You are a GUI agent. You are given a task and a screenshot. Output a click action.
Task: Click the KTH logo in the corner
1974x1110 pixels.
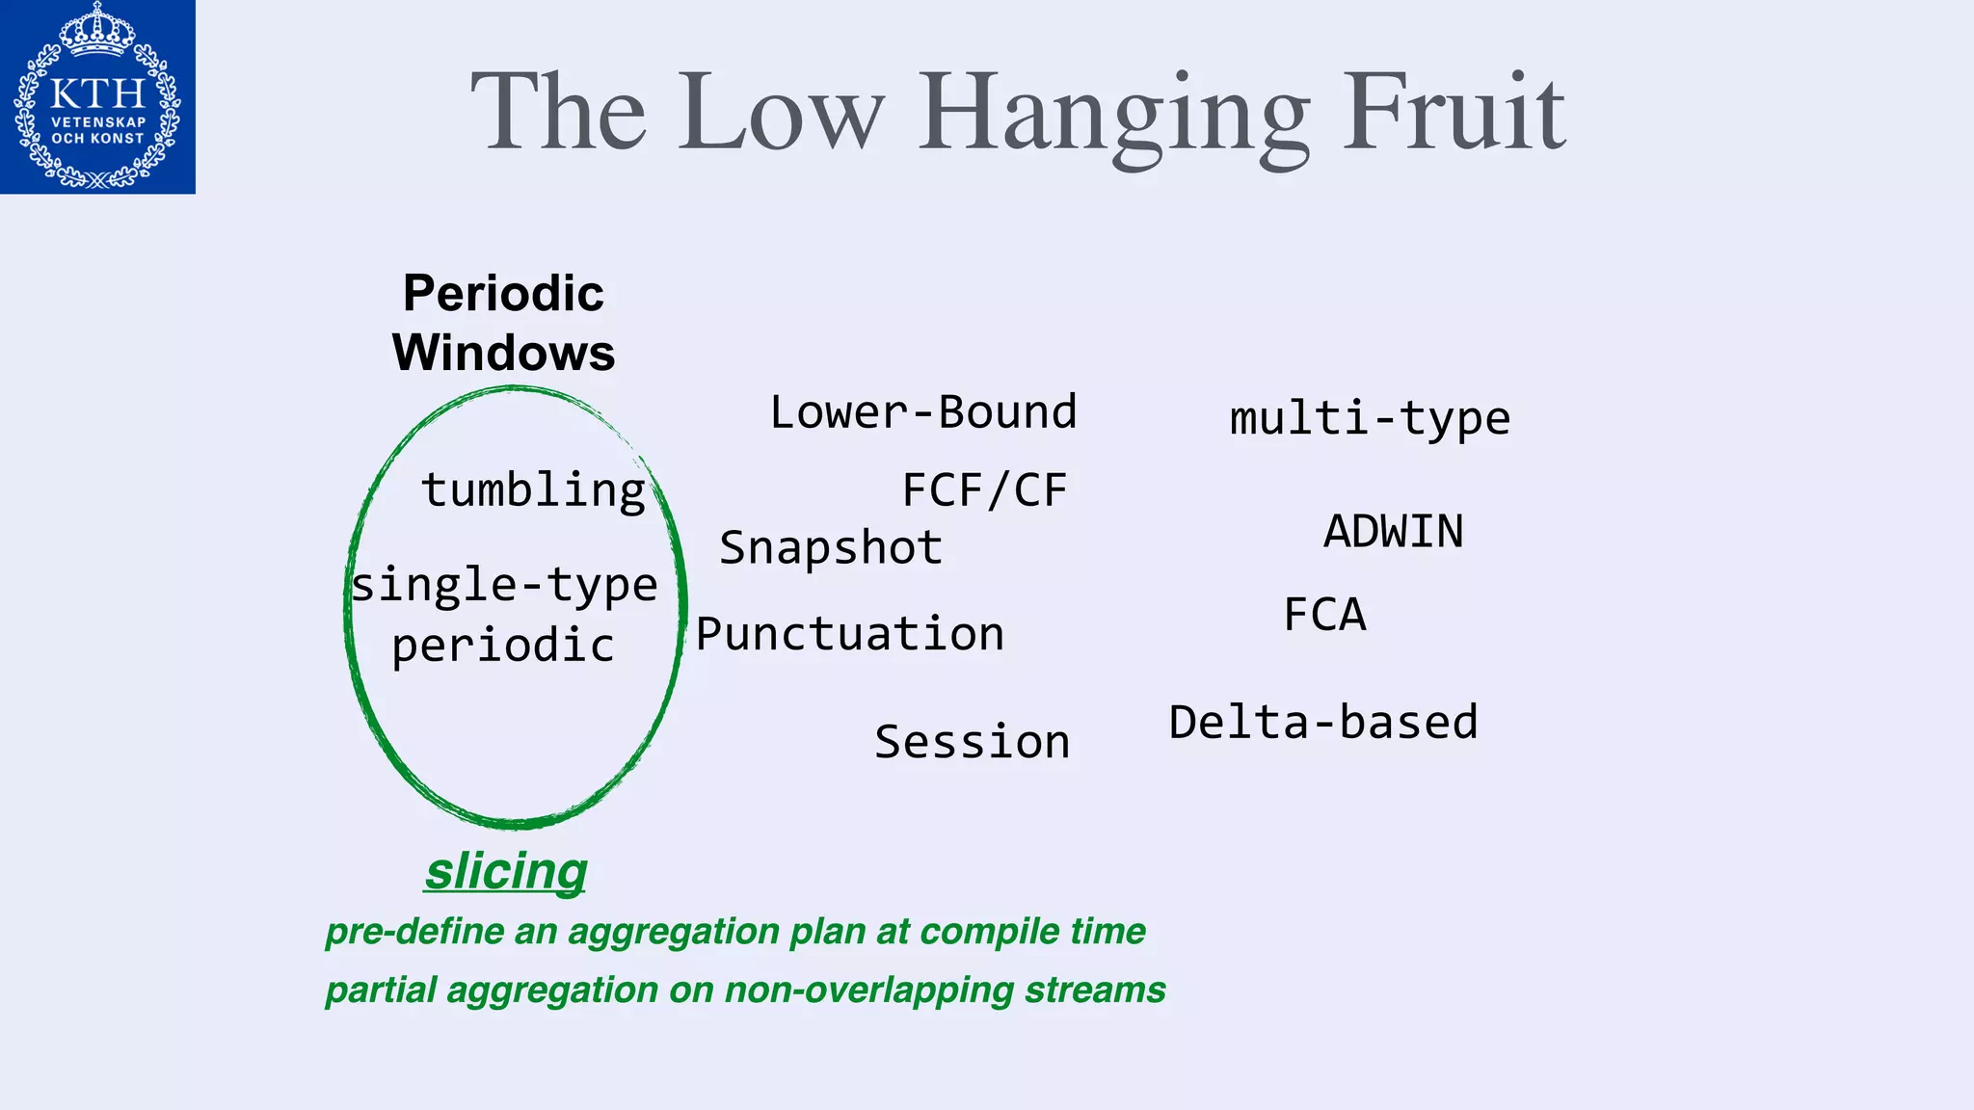(x=97, y=96)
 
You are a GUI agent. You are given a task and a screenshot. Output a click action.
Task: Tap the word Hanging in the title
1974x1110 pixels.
(x=1113, y=116)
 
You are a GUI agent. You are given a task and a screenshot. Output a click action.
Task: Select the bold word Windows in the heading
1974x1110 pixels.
(x=503, y=353)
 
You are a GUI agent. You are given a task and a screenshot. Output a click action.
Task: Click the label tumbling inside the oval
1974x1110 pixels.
(x=533, y=489)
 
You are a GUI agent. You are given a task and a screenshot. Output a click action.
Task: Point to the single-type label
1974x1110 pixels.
(x=504, y=586)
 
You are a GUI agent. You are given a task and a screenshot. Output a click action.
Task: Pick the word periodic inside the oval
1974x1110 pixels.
(x=502, y=646)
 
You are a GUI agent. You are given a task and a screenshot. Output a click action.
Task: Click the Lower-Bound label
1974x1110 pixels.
(x=922, y=412)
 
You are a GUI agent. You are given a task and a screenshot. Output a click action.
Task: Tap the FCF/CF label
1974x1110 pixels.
(x=984, y=490)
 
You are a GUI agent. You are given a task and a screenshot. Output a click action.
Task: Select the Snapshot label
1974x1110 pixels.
(x=831, y=548)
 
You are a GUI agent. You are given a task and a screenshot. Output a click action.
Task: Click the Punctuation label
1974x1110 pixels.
(x=850, y=634)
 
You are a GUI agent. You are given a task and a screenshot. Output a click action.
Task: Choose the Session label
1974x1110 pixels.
(x=972, y=742)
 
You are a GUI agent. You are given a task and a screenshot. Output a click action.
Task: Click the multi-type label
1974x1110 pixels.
(x=1369, y=419)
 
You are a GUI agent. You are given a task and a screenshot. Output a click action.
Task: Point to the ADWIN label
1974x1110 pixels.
(x=1393, y=532)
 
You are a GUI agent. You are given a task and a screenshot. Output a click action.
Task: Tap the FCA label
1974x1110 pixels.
(x=1324, y=615)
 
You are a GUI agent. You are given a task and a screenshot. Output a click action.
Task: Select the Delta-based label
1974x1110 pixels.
(x=1322, y=723)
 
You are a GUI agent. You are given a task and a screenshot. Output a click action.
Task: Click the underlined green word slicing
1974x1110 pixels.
(x=506, y=871)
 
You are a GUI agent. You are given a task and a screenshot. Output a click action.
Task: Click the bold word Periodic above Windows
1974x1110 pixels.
(x=503, y=293)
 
